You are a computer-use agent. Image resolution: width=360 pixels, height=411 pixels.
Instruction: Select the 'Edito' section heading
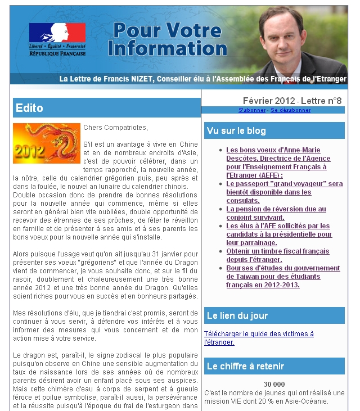point(30,107)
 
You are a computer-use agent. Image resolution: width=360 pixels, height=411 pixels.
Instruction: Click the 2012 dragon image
point(47,143)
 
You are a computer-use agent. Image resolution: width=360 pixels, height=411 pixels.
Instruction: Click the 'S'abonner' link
point(253,110)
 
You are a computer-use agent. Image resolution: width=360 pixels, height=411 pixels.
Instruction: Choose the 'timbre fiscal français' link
point(277,255)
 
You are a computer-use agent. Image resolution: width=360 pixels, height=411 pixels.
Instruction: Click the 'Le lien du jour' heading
point(237,315)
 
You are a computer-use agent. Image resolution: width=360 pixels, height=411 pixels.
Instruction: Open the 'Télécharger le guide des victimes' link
point(259,337)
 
